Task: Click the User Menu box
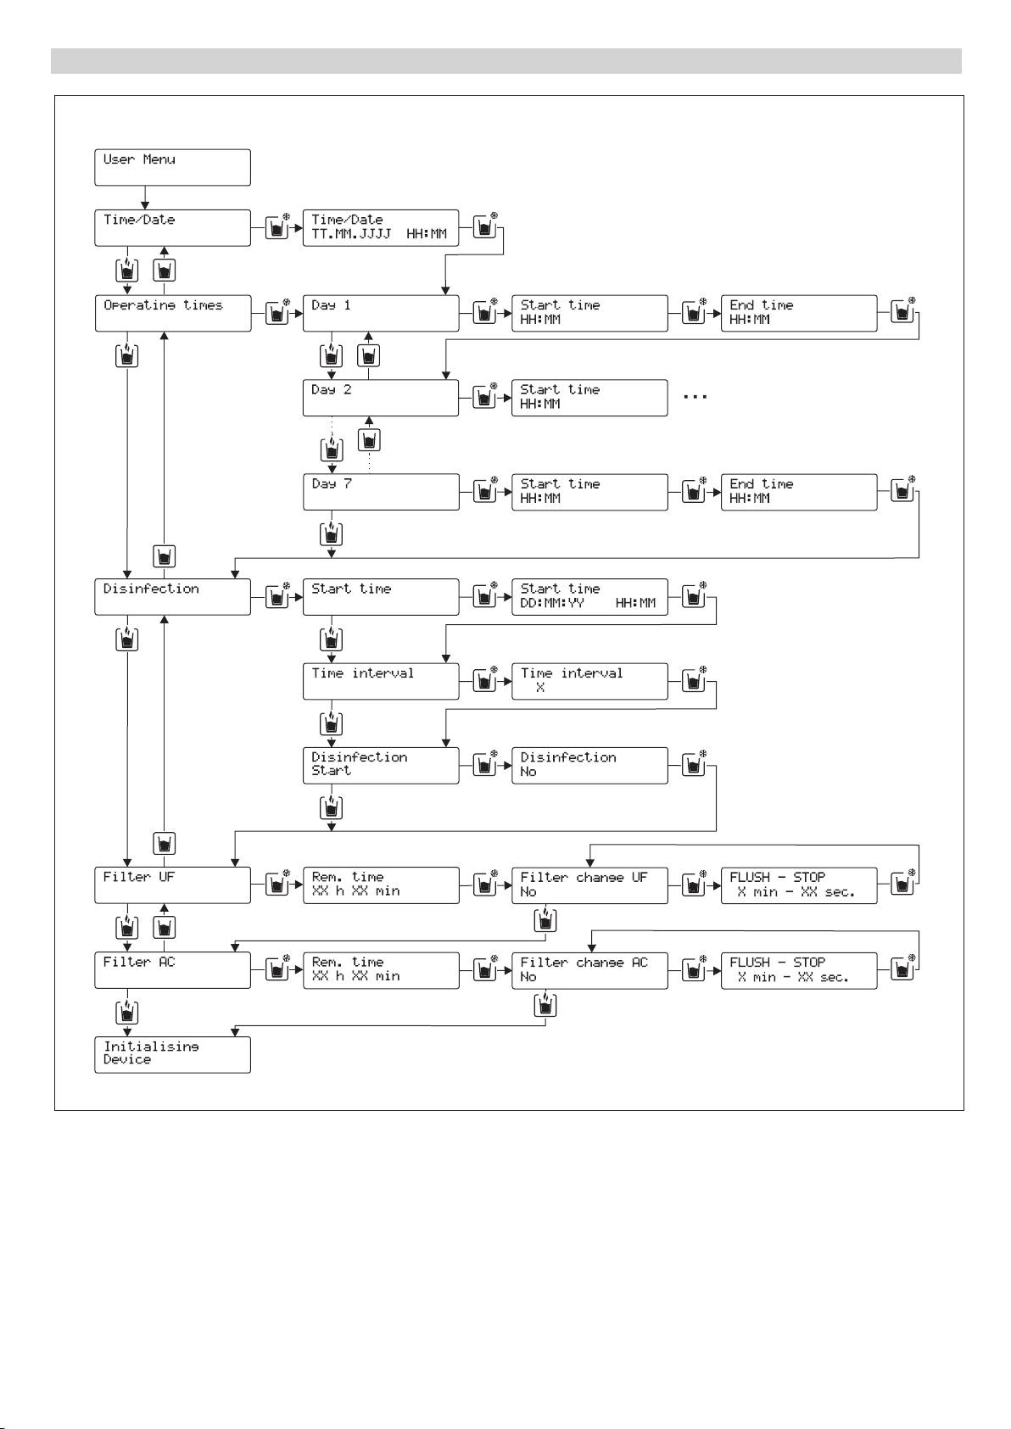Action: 172,167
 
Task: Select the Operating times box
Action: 172,313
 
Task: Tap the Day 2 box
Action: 381,398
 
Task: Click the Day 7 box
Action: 381,492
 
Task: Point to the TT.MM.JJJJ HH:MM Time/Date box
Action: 381,227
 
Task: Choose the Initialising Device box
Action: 172,1054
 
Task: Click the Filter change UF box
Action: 589,885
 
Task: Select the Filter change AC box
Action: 589,969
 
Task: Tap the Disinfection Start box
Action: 381,765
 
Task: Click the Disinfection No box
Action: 589,765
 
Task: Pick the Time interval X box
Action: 589,681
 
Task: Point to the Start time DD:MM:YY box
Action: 589,596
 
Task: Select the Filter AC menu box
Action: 172,969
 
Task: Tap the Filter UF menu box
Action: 172,885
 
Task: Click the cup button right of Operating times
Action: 276,313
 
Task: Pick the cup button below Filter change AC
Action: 546,1006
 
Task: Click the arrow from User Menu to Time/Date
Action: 146,198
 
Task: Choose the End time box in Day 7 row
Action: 799,492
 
